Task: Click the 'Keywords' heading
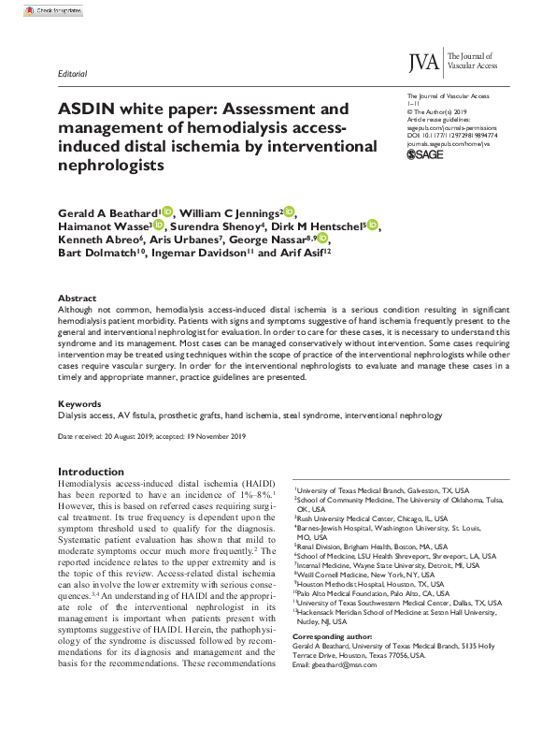coord(79,402)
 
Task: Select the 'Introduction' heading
coord(93,472)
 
